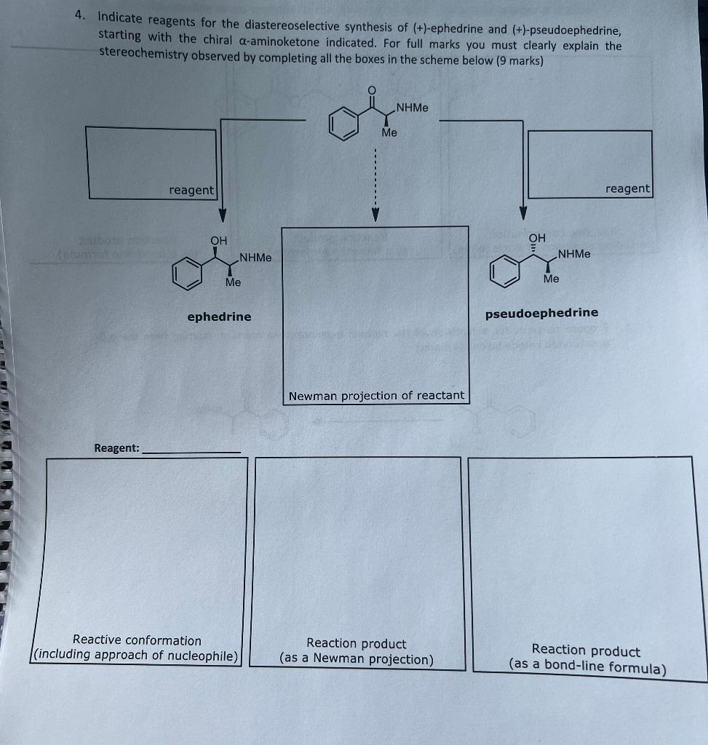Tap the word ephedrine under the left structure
point(219,316)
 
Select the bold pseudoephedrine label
point(541,313)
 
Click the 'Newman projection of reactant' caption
point(376,396)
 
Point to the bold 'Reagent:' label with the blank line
point(116,448)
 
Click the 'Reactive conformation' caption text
point(137,640)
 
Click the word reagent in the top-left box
point(191,190)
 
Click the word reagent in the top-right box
point(627,188)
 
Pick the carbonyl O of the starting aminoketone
point(372,89)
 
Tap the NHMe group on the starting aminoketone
point(413,108)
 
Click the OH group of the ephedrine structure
point(218,240)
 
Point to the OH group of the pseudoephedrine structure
point(536,237)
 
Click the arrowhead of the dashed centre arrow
point(375,215)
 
